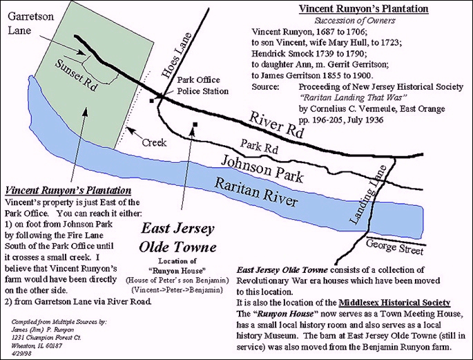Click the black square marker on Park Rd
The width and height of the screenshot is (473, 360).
(196, 124)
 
